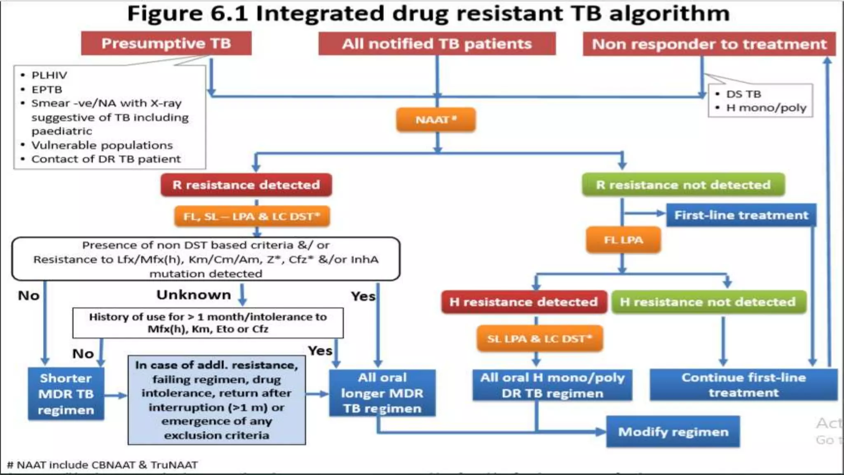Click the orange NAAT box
[436, 120]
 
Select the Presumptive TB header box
[166, 43]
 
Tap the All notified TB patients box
[437, 44]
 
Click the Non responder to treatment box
[709, 44]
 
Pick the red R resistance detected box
[246, 185]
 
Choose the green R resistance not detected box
[683, 185]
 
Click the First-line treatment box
[741, 215]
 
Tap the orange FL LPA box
[623, 240]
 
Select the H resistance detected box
[523, 302]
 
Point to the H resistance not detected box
[708, 302]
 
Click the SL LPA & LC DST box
[539, 339]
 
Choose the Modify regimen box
[673, 432]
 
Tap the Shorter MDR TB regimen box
[66, 394]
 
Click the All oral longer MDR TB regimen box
[382, 393]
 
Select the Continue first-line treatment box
[743, 385]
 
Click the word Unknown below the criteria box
[194, 295]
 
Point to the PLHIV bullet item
[49, 75]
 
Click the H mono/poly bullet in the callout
[766, 108]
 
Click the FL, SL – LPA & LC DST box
[251, 216]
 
